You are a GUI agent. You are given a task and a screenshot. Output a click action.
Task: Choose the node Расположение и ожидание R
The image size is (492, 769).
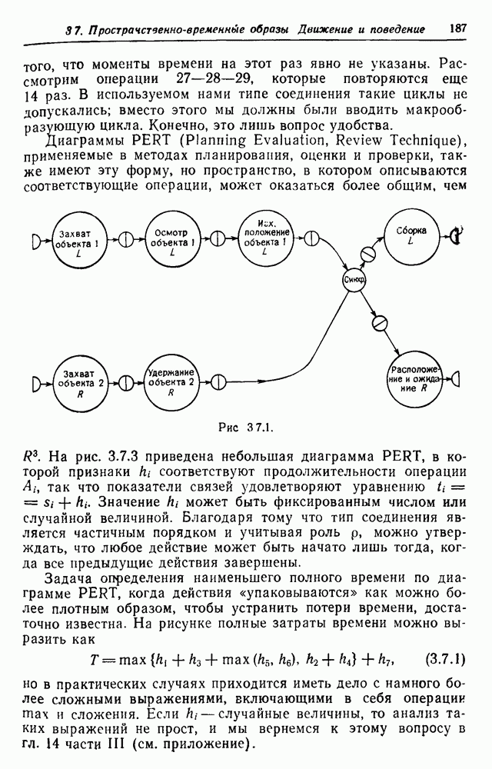tap(413, 378)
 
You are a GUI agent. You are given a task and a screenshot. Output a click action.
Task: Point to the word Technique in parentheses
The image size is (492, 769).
tap(428, 142)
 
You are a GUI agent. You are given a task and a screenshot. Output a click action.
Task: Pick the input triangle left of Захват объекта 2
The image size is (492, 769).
tap(37, 381)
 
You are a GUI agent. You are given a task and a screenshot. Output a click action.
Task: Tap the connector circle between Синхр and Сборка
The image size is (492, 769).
tap(367, 251)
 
